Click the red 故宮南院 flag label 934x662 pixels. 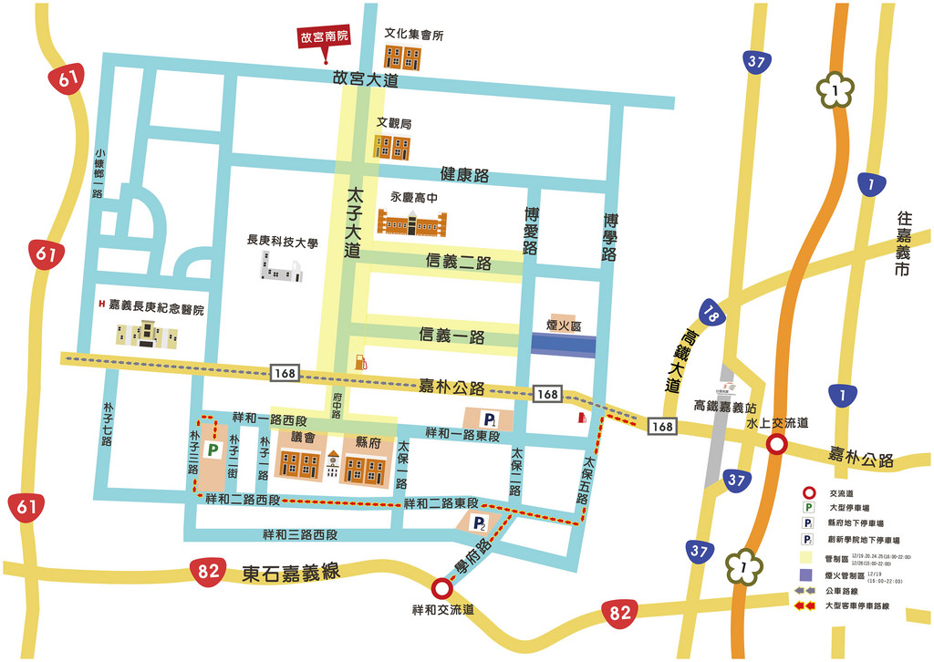point(325,39)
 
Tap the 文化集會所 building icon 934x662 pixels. point(401,57)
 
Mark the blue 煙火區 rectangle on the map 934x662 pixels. point(563,344)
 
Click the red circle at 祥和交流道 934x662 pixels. point(441,587)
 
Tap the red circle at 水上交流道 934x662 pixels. point(776,445)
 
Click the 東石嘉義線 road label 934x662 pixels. point(291,573)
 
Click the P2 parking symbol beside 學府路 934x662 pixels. point(479,522)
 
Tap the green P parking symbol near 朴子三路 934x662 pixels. point(213,450)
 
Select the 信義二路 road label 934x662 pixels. point(459,263)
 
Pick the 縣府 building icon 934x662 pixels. point(365,466)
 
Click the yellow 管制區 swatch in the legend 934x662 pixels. point(806,556)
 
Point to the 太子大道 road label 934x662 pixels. point(353,224)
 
